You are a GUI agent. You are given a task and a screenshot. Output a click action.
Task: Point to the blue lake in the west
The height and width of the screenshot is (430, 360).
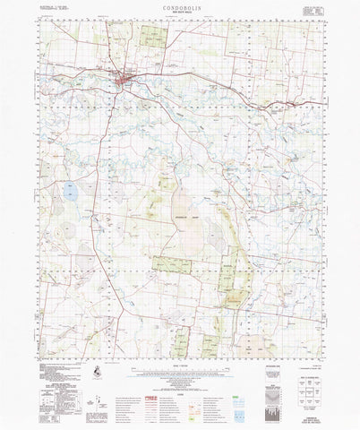[68, 189]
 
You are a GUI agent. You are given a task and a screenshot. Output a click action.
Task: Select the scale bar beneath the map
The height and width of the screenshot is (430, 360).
[179, 364]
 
